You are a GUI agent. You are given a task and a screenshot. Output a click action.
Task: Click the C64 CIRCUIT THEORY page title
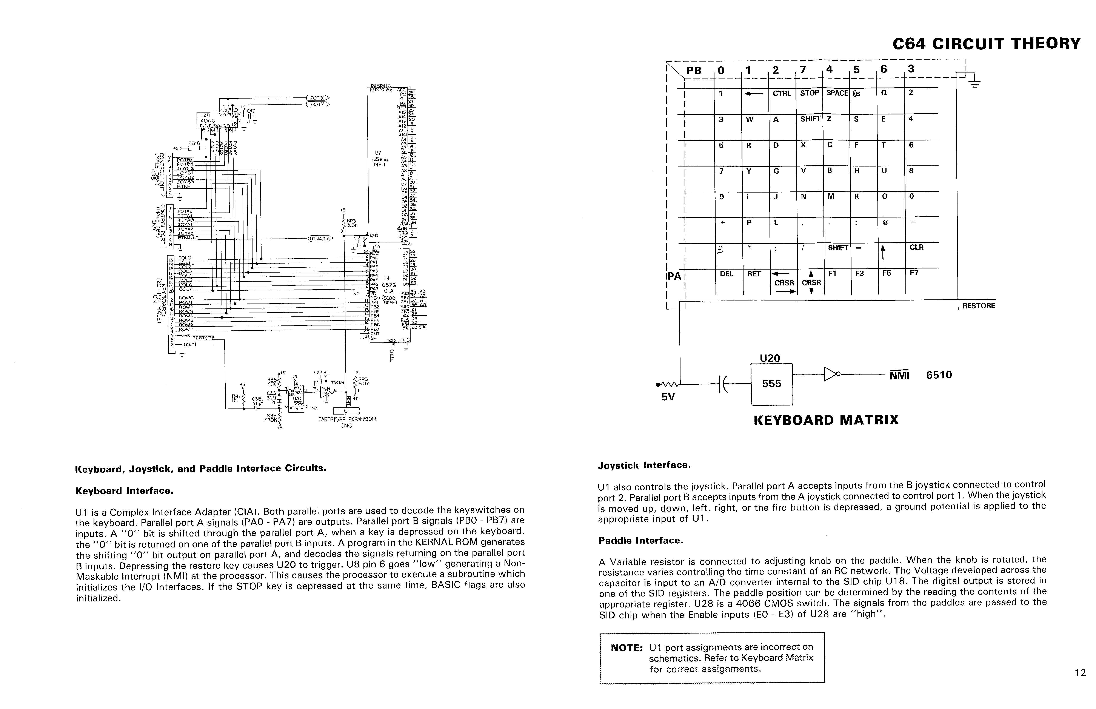pos(986,44)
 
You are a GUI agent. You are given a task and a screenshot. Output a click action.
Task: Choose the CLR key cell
pos(916,248)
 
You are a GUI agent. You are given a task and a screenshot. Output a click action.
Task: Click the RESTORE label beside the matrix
pos(978,306)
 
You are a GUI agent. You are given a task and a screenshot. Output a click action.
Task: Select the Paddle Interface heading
pos(640,541)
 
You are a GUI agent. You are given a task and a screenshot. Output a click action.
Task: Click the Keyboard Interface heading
pos(124,491)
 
